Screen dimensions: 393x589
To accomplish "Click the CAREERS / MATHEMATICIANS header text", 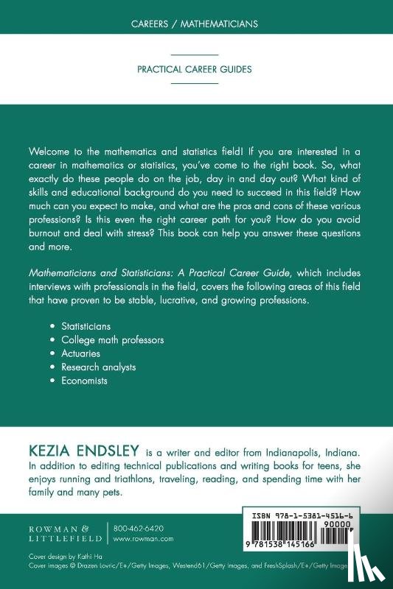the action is point(195,24).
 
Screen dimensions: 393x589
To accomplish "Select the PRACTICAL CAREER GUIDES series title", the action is point(195,70).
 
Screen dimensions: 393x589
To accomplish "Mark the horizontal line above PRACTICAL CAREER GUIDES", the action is point(195,55).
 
